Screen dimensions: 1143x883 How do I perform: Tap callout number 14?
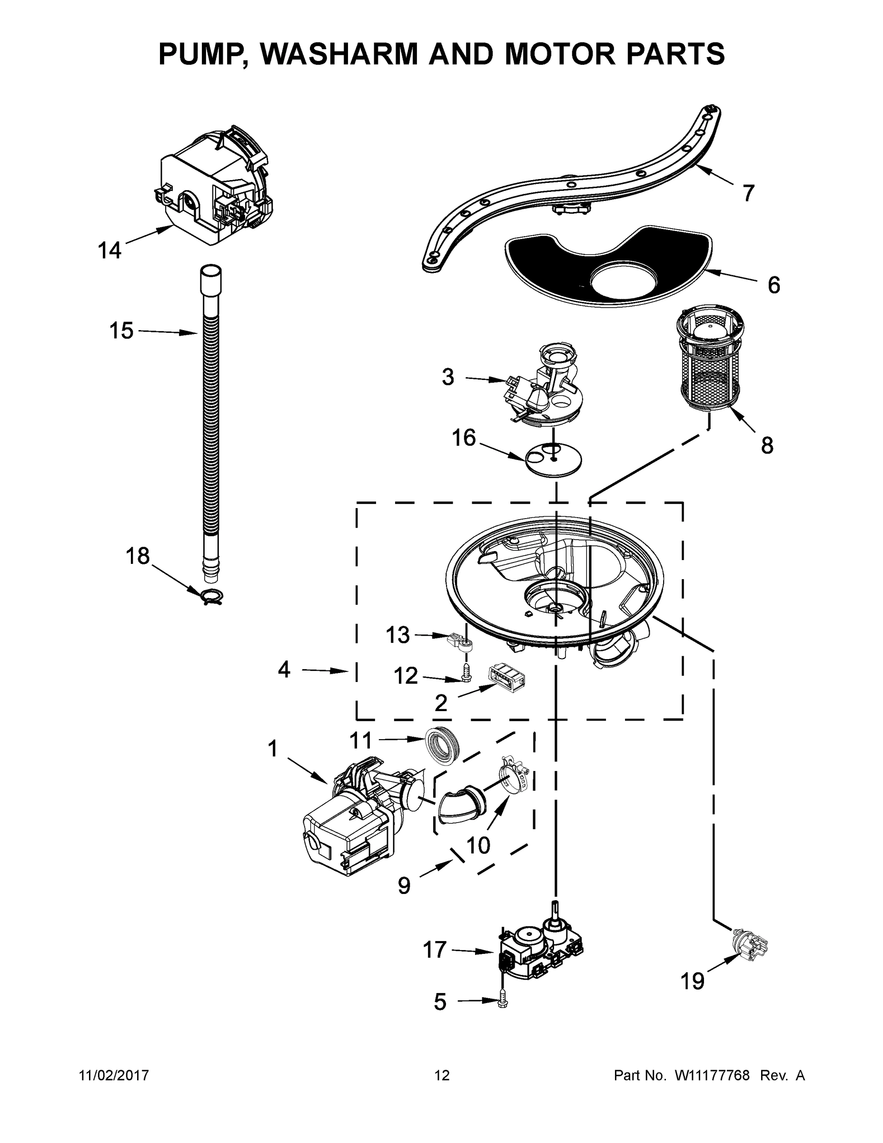coord(109,250)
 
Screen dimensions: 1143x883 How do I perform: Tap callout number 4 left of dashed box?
coord(284,669)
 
